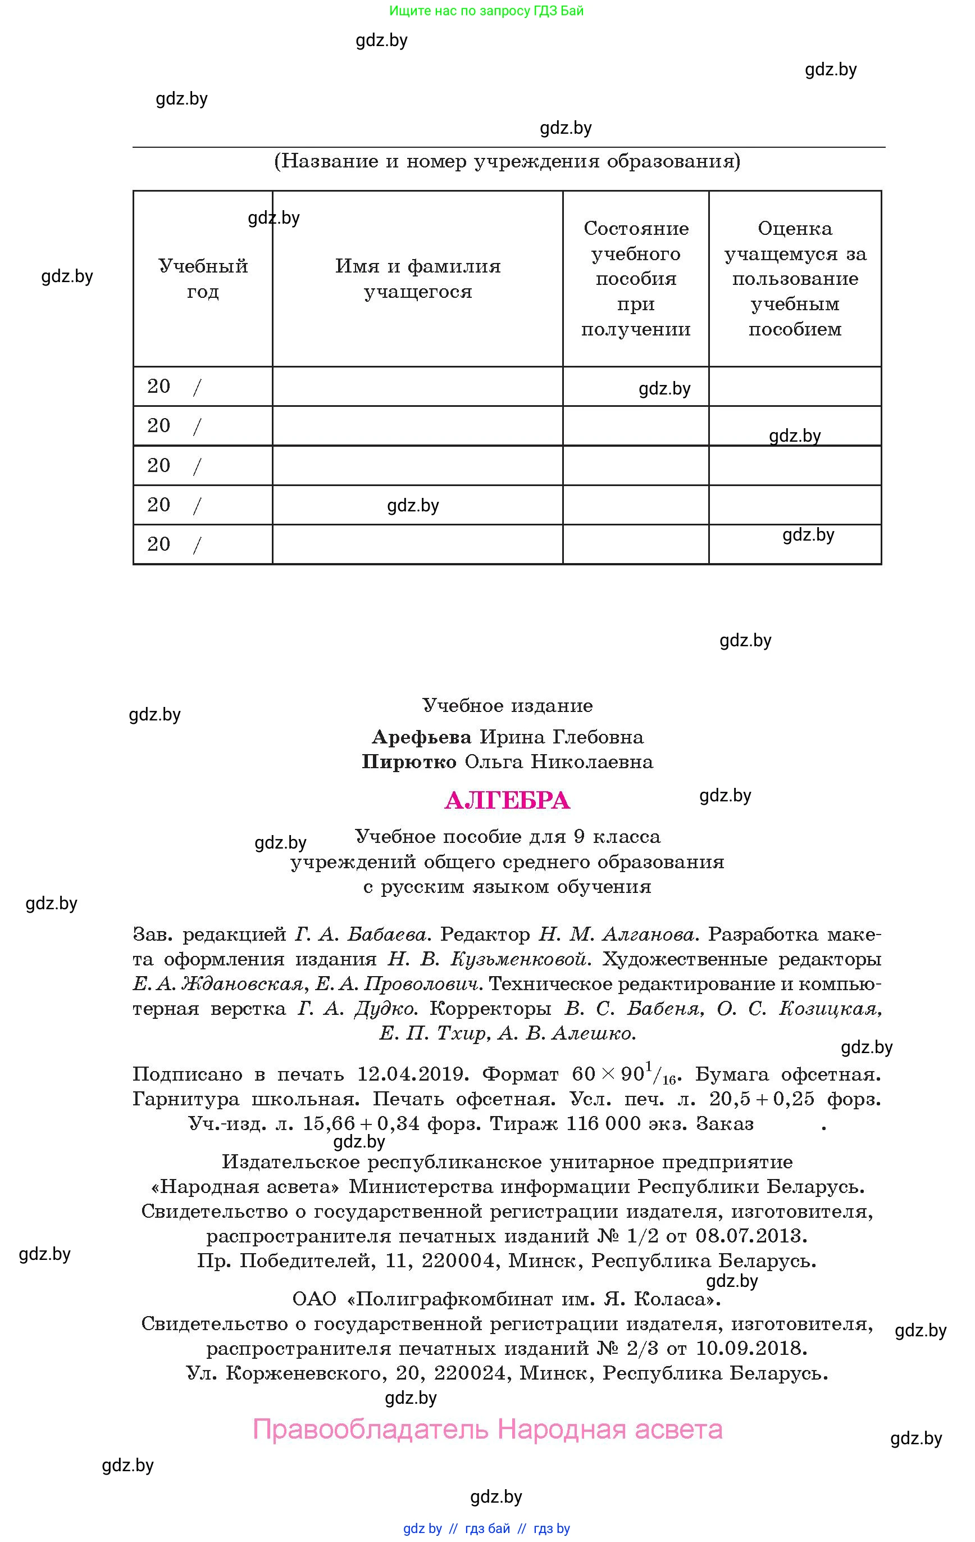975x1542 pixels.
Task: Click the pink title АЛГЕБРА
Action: point(507,800)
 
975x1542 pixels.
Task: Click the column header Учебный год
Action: point(203,279)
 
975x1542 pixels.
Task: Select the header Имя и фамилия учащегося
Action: point(417,279)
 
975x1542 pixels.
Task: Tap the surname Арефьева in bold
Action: point(421,737)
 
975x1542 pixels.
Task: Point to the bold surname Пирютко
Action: point(409,762)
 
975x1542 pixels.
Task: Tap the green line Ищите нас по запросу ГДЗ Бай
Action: point(486,11)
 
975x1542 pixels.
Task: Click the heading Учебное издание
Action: point(507,706)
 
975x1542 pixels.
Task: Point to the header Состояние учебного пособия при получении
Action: point(636,279)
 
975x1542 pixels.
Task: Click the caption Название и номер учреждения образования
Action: point(507,161)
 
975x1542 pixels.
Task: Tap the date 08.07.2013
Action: point(751,1236)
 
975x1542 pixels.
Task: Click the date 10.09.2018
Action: point(751,1349)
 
